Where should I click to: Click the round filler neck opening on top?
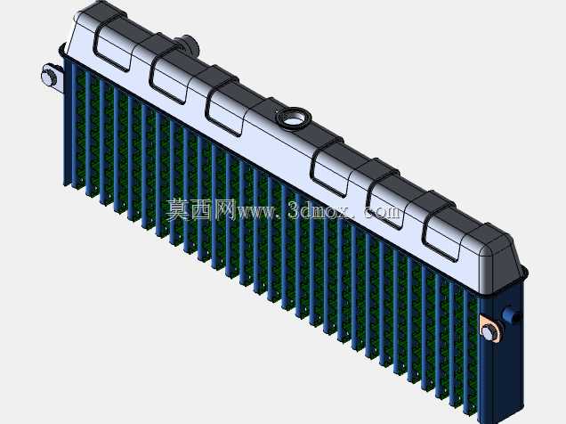point(293,118)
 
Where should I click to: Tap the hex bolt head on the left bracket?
point(47,77)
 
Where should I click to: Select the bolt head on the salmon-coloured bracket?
point(488,331)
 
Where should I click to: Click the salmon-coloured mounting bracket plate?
point(491,327)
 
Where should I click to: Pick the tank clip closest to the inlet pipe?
point(169,73)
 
